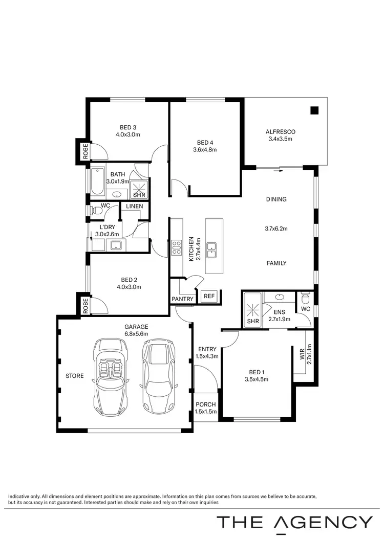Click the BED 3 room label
[x=127, y=131]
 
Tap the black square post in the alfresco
[x=314, y=110]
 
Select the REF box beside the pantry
[x=209, y=296]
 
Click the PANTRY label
[x=183, y=299]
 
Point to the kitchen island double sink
[x=211, y=250]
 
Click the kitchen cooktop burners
[x=177, y=247]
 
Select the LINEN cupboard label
[x=134, y=206]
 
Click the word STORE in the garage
[x=74, y=376]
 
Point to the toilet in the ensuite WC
[x=306, y=297]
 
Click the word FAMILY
[x=276, y=263]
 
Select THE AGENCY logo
[x=294, y=522]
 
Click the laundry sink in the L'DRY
[x=117, y=246]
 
